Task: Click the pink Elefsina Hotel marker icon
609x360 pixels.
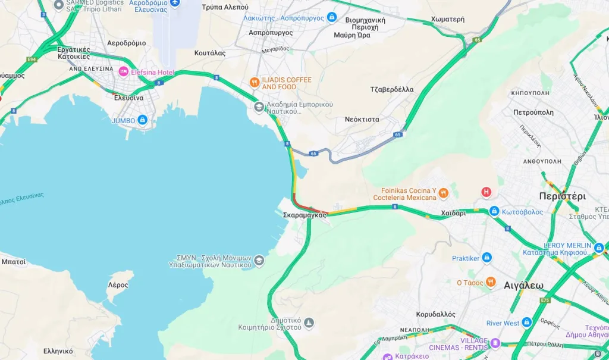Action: point(124,72)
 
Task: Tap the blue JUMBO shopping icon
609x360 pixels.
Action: point(142,120)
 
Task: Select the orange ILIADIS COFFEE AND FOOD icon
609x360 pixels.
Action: point(255,83)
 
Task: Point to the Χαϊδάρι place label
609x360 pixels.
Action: point(453,213)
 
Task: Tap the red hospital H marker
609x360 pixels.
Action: point(486,192)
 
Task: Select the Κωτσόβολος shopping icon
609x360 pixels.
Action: point(494,212)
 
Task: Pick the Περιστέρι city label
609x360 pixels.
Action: point(562,196)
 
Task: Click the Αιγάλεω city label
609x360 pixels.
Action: point(523,285)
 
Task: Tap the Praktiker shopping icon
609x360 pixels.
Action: point(487,258)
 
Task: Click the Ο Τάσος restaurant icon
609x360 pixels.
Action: point(490,282)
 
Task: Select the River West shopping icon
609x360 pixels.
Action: point(526,323)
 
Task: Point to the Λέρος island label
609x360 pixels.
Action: point(118,285)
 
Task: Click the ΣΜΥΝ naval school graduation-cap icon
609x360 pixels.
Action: point(259,261)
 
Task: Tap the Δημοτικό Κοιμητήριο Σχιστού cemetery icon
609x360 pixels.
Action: point(308,323)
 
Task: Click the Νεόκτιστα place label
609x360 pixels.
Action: point(362,119)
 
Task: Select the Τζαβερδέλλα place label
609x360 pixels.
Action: point(391,90)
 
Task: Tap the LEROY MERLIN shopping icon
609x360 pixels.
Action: point(598,247)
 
